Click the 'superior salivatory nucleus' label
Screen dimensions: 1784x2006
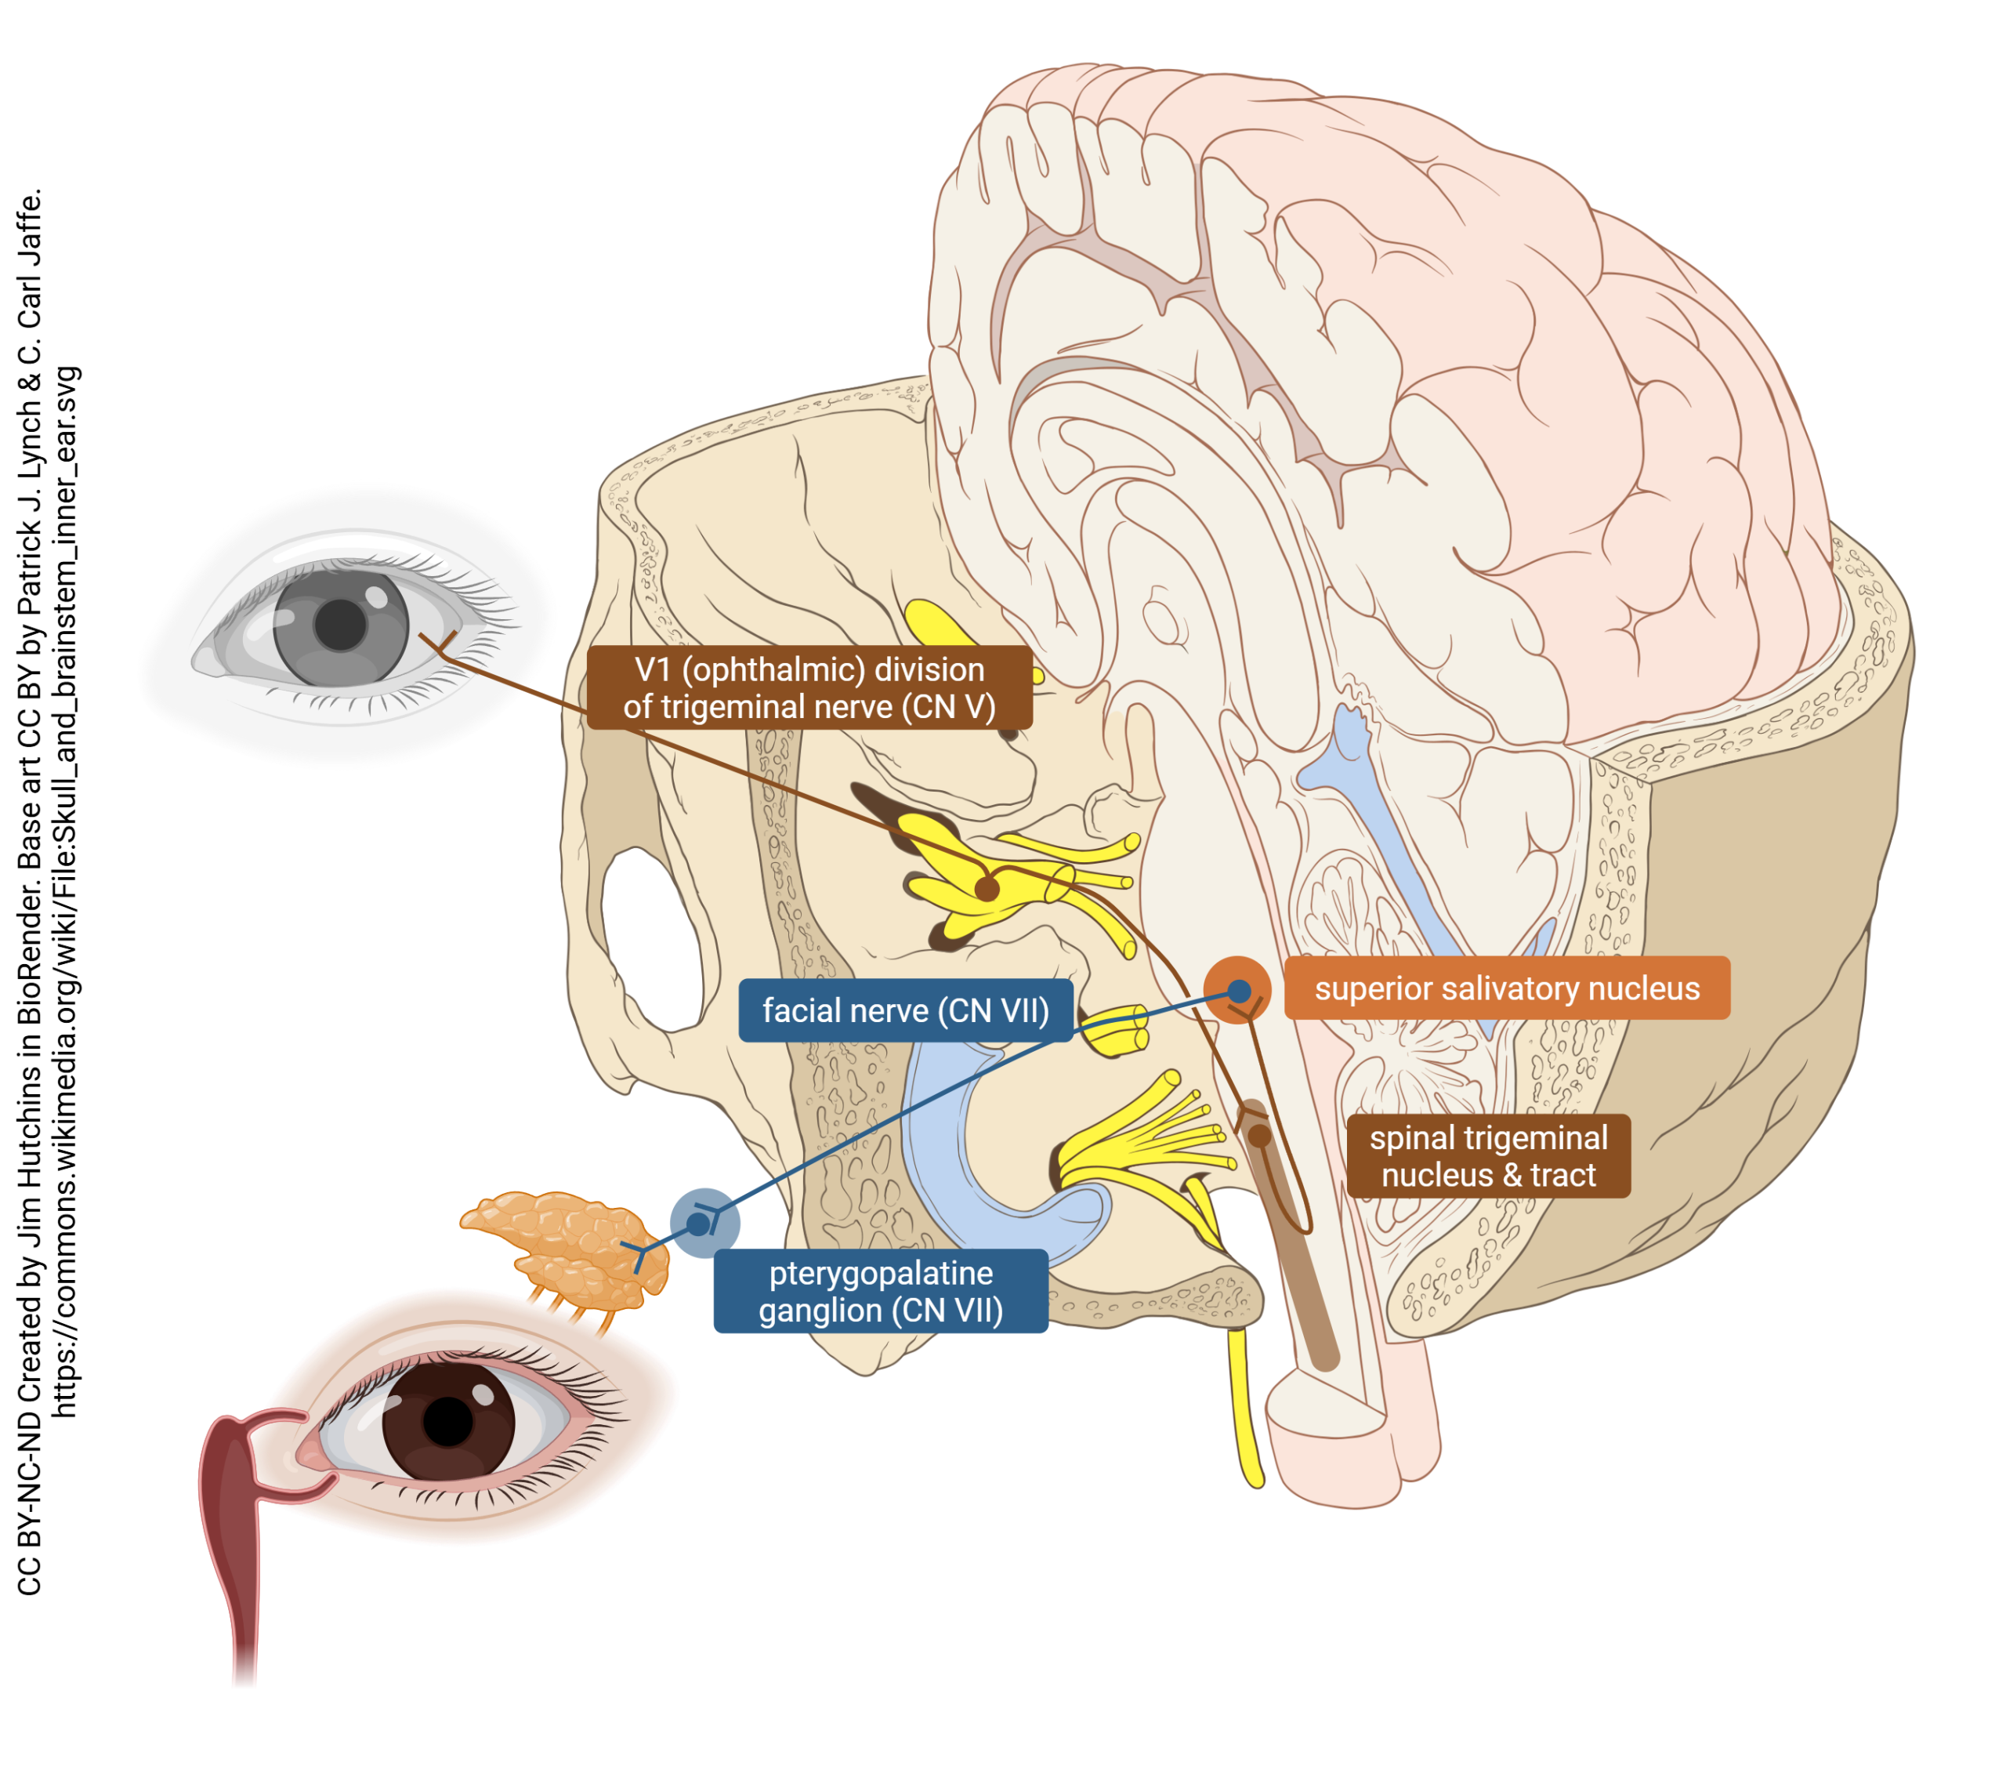click(1507, 988)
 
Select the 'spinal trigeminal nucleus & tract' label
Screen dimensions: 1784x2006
click(1488, 1155)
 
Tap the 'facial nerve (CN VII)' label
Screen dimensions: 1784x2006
click(905, 1010)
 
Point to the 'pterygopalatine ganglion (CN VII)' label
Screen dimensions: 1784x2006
click(880, 1291)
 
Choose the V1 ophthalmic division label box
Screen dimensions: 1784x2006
click(809, 687)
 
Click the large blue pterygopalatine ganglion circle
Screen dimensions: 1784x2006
click(704, 1223)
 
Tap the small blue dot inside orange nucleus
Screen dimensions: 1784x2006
click(1240, 990)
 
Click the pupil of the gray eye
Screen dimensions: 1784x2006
click(339, 625)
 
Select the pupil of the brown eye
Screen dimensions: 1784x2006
click(448, 1423)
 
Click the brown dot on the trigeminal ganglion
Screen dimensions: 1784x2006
click(987, 890)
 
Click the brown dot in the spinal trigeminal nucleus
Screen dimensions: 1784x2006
click(1259, 1136)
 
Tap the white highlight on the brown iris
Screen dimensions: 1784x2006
click(483, 1395)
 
